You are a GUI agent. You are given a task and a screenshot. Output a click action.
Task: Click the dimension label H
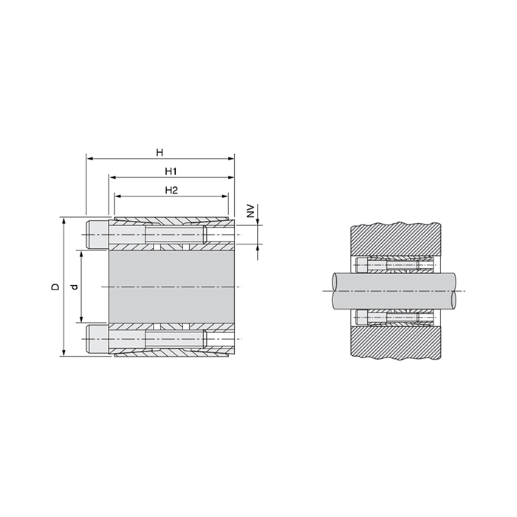(160, 152)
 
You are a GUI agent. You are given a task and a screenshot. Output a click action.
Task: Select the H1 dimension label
(169, 171)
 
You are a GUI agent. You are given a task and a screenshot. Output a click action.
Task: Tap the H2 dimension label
(170, 191)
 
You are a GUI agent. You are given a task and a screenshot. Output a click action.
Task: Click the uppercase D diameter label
(55, 287)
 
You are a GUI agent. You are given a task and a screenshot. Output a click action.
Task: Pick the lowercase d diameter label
(73, 287)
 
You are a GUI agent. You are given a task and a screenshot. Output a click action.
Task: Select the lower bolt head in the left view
(97, 338)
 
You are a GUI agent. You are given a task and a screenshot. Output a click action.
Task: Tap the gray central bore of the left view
(174, 287)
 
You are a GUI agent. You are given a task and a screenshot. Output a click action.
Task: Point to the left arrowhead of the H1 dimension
(112, 177)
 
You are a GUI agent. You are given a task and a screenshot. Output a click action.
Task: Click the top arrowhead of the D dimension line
(64, 220)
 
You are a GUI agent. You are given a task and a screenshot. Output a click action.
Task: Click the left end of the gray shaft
(335, 290)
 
